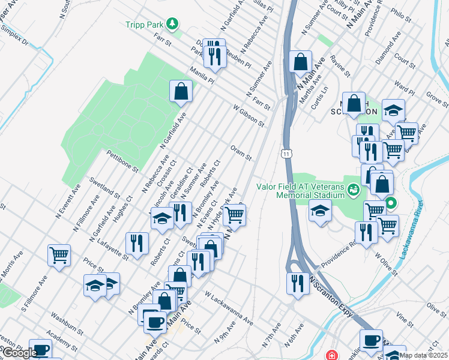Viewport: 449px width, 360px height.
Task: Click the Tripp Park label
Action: (145, 24)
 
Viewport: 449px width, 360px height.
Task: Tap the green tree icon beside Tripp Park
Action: (173, 24)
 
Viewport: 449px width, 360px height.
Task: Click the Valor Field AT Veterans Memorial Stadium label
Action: (301, 190)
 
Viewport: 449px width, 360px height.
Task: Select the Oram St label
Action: (241, 152)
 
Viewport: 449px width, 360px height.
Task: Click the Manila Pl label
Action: (202, 79)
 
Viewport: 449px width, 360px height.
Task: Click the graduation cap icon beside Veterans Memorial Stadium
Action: (320, 211)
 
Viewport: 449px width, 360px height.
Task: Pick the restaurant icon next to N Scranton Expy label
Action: (298, 283)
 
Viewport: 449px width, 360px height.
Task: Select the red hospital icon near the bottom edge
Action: (330, 355)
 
